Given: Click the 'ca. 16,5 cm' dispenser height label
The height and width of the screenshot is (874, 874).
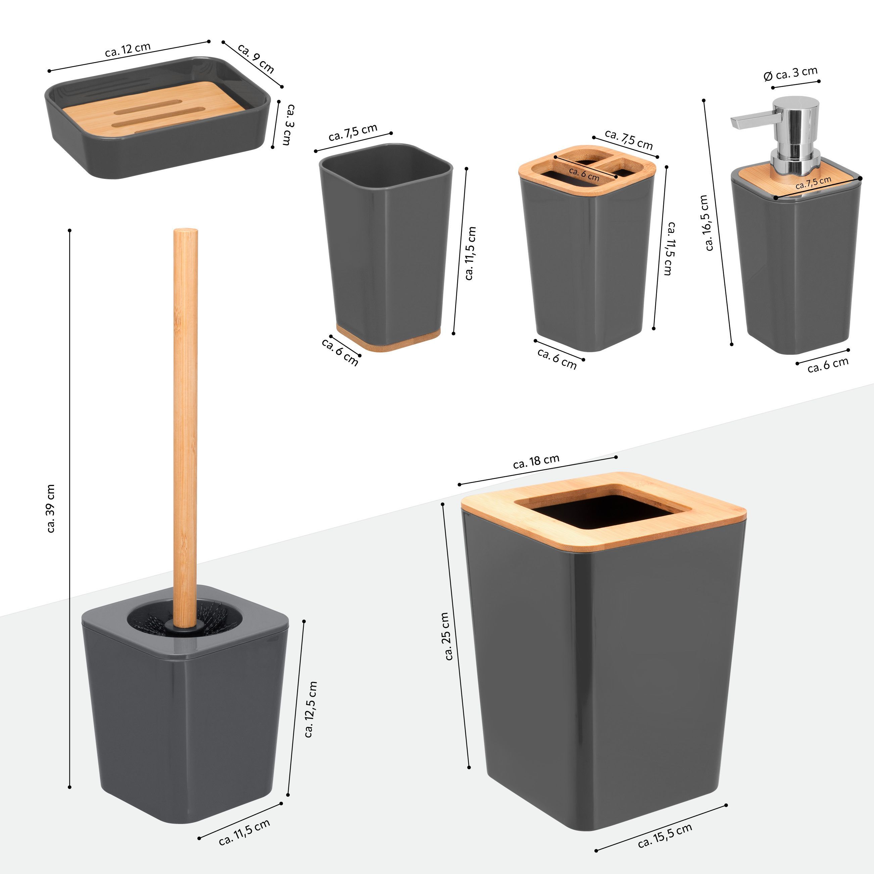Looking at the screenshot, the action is coord(706,223).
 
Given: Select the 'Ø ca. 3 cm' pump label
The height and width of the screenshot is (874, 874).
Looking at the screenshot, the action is coord(791,74).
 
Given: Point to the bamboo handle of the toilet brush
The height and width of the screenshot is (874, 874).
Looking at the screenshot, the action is coord(185,428).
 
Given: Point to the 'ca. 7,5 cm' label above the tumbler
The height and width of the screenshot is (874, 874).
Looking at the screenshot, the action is coord(353,132).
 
